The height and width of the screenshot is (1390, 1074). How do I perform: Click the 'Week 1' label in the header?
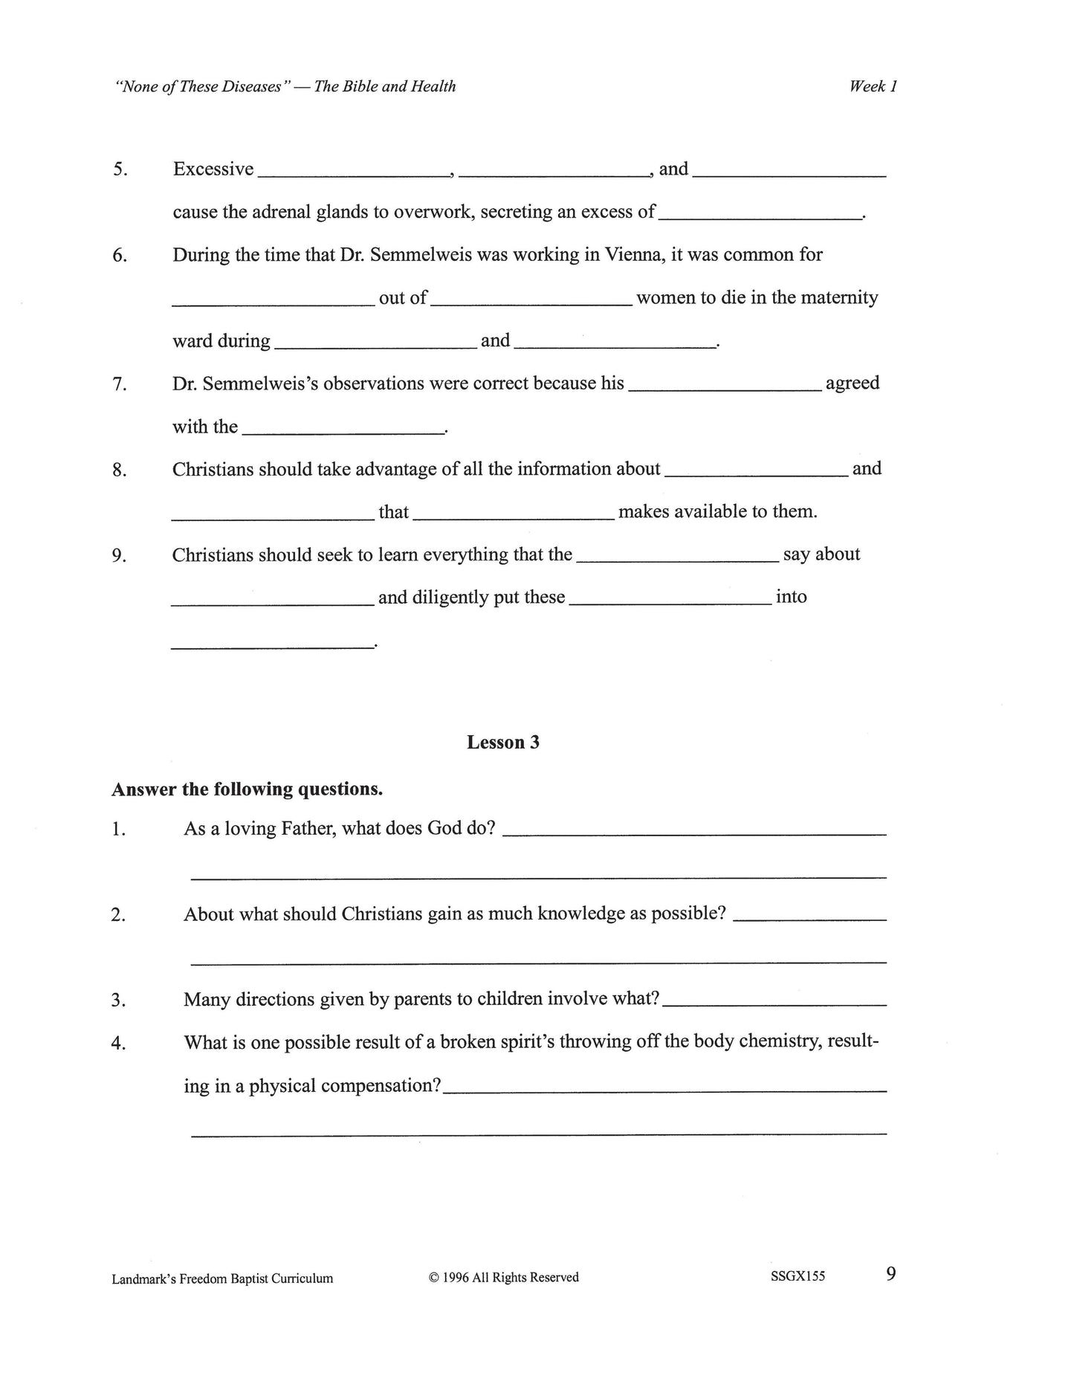pyautogui.click(x=873, y=86)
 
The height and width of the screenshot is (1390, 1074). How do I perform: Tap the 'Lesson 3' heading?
pyautogui.click(x=502, y=742)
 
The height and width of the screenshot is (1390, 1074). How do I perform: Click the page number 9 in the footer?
pyautogui.click(x=890, y=1274)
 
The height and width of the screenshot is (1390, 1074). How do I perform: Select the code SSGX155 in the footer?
pyautogui.click(x=798, y=1276)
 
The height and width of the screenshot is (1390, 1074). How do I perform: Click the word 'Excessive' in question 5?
pyautogui.click(x=213, y=169)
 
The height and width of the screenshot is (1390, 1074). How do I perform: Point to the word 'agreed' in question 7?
pyautogui.click(x=852, y=384)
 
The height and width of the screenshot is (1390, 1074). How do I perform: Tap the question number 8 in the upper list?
pyautogui.click(x=119, y=471)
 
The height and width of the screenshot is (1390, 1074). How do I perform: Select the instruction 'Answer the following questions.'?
pyautogui.click(x=247, y=789)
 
